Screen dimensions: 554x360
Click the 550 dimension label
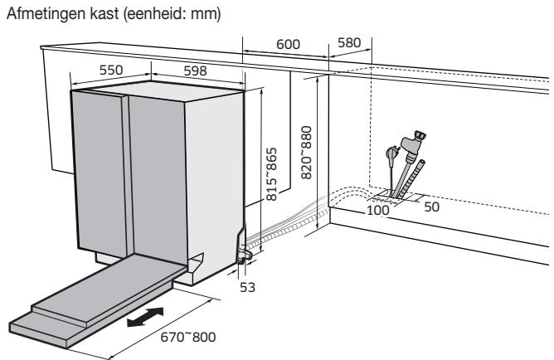[x=111, y=70]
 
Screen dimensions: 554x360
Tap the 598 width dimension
[x=195, y=71]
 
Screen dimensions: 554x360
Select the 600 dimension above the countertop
[x=288, y=45]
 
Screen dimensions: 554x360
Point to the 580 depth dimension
[x=349, y=43]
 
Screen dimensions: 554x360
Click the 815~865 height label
[x=271, y=174]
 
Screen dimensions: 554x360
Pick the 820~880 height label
[x=306, y=153]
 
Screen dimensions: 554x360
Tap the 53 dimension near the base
[x=247, y=287]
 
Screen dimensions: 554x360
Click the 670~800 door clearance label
[x=188, y=337]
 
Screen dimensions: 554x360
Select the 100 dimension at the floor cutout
[x=378, y=210]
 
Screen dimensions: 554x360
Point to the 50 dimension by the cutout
[x=431, y=207]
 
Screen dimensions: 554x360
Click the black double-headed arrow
[x=145, y=317]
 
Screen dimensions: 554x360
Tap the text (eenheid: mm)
[x=173, y=14]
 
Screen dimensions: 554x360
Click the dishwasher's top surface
[x=158, y=90]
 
